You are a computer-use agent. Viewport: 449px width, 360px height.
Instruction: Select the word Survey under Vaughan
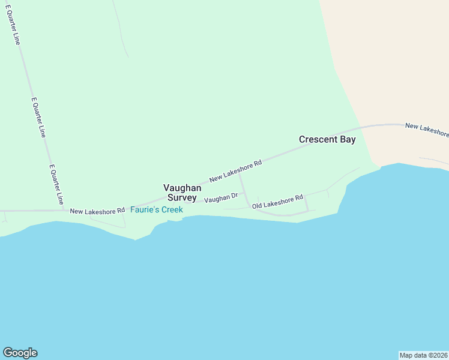tap(182, 197)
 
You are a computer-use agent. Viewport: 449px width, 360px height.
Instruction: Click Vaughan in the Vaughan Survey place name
tap(182, 188)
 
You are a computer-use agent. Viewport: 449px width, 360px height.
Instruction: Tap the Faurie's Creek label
tap(157, 210)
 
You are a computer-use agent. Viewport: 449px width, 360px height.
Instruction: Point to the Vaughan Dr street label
tap(221, 198)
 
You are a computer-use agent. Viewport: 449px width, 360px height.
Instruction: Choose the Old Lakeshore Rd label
tap(277, 202)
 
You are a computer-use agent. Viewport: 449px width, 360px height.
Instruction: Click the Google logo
tap(20, 353)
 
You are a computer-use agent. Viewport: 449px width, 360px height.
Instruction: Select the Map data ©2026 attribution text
tap(423, 355)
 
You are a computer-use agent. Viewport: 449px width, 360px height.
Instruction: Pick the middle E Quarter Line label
tap(38, 118)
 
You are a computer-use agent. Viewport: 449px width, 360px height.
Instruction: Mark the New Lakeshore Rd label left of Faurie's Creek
tap(97, 211)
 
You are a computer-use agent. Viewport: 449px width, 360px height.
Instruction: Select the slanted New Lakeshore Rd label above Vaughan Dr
tap(235, 171)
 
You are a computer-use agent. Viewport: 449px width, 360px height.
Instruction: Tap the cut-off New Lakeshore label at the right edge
tap(427, 129)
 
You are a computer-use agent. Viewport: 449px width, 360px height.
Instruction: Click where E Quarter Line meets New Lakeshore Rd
tap(64, 210)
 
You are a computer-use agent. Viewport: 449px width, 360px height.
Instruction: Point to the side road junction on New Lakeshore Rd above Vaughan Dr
tap(239, 174)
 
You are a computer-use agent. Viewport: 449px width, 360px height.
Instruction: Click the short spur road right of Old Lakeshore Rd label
tap(306, 203)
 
